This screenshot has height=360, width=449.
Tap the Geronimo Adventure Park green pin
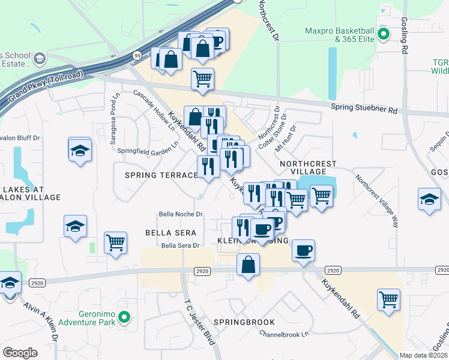(124, 317)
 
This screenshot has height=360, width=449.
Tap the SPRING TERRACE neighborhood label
(161, 175)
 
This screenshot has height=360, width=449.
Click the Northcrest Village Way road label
(377, 200)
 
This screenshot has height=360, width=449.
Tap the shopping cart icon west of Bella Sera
(115, 243)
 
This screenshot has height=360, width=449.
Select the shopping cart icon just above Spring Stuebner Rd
(203, 78)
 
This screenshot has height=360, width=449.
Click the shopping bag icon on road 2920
(248, 264)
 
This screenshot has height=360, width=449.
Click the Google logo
(20, 353)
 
